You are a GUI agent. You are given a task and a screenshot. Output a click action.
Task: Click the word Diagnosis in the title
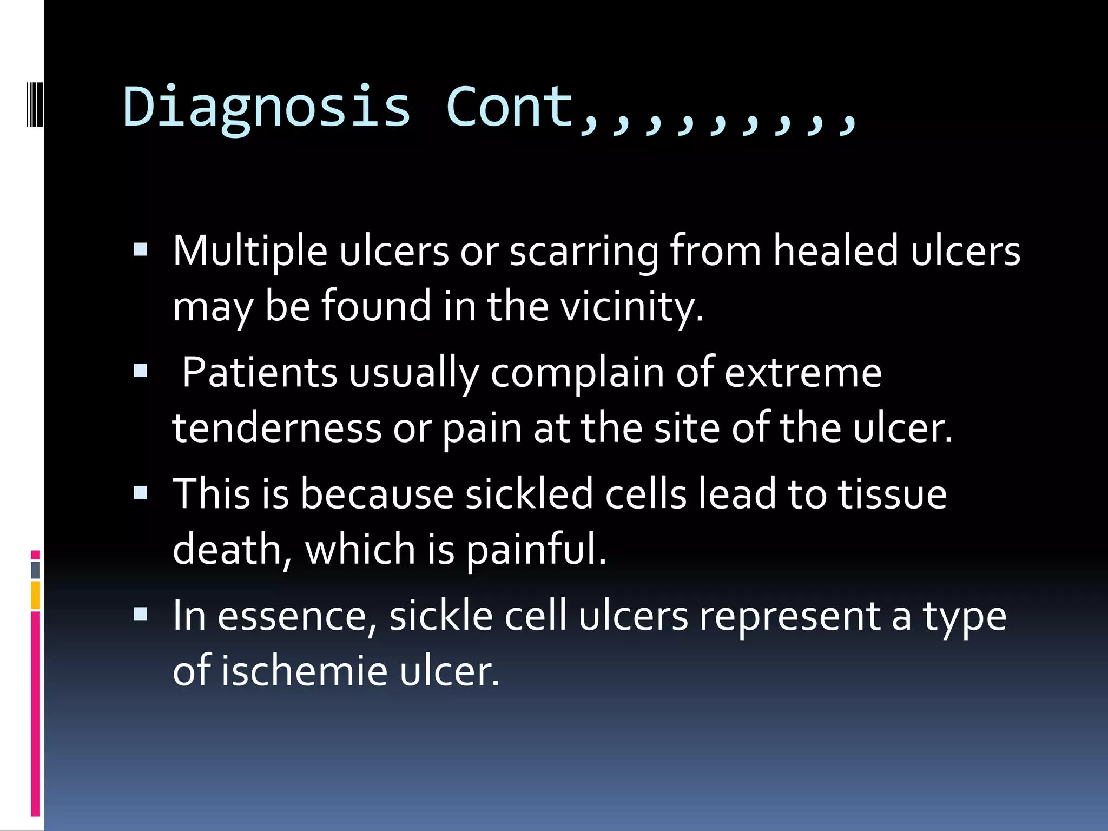click(267, 107)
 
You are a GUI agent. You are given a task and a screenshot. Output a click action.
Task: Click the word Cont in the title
click(509, 107)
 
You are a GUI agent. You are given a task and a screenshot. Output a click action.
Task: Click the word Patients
click(260, 373)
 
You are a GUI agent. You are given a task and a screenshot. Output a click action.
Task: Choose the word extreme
click(803, 373)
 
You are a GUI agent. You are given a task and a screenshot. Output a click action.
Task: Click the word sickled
click(529, 494)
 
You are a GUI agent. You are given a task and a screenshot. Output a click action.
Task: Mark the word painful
click(536, 549)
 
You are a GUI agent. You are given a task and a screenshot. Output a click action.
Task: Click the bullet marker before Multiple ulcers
click(140, 249)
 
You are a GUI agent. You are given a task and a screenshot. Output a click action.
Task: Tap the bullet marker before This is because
click(140, 492)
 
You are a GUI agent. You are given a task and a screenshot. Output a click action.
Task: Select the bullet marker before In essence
click(140, 614)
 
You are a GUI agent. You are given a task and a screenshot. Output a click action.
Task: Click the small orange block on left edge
click(35, 595)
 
